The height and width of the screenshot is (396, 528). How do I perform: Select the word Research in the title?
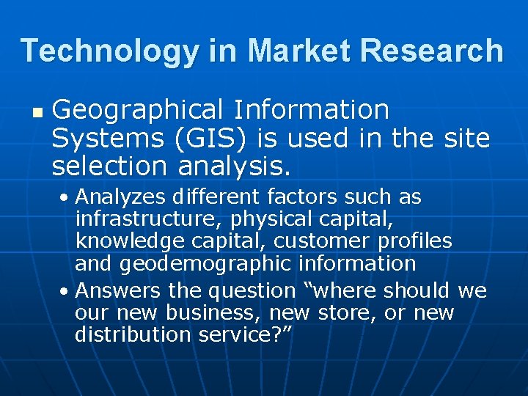430,51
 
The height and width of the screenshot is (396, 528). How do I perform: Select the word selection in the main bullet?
109,166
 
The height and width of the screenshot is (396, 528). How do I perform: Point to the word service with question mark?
243,334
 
